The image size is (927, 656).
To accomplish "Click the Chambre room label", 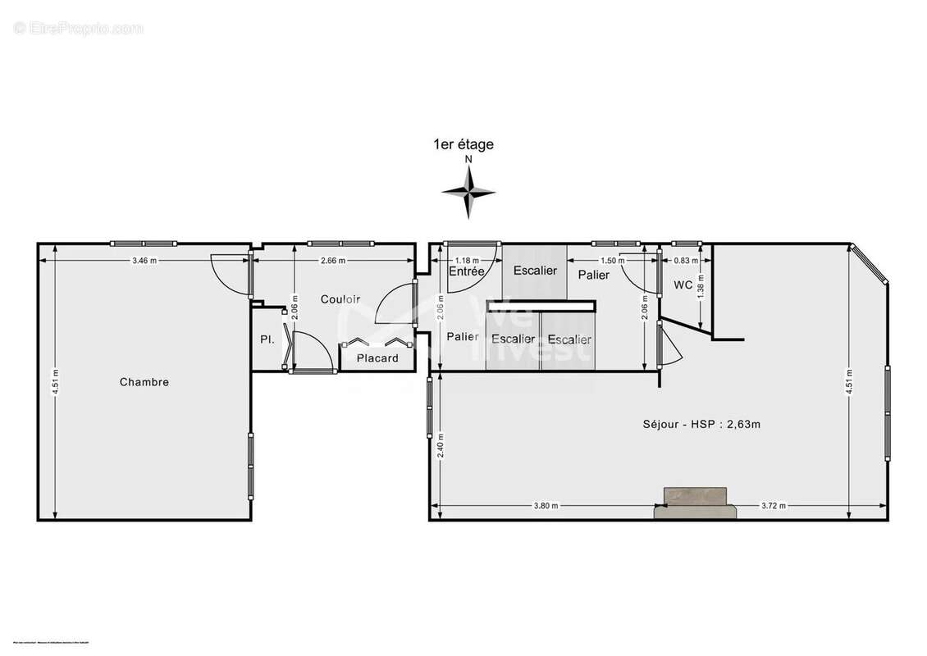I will [144, 382].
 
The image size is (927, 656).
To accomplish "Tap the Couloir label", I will [340, 299].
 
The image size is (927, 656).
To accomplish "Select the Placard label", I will [377, 358].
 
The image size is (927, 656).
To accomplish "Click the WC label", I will [683, 285].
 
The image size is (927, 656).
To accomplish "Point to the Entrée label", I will [466, 271].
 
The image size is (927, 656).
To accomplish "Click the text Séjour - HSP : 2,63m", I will [706, 425].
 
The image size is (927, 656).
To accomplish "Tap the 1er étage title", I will [463, 145].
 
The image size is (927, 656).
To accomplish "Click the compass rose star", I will [468, 192].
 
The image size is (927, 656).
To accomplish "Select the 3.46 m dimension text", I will [144, 260].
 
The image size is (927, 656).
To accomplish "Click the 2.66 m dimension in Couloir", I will [332, 260].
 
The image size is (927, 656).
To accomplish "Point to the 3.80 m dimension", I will [546, 506].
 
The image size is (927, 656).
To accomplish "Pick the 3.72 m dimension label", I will [774, 506].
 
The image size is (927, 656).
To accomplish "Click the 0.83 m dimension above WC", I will [685, 261].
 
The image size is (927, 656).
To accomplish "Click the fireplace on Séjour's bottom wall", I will [695, 503].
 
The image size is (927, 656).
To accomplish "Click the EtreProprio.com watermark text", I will [79, 29].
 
